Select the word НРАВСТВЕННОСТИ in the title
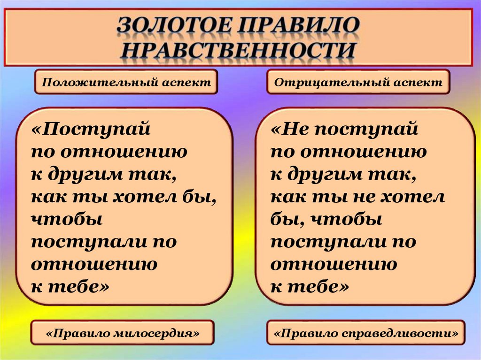coord(238,50)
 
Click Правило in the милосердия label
coord(81,334)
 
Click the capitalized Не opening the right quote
coord(295,129)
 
